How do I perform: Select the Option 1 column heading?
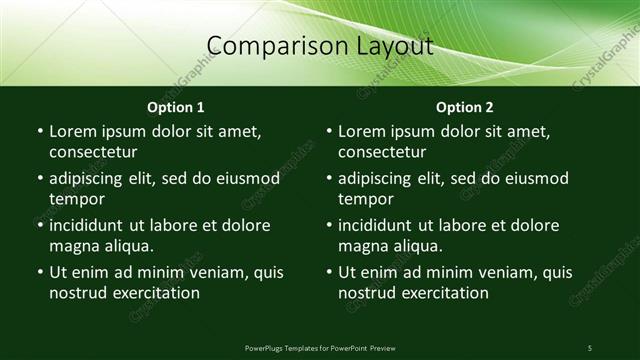(x=176, y=107)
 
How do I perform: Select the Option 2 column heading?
(x=465, y=107)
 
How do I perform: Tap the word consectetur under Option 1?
(x=93, y=153)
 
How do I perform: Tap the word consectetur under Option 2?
(x=383, y=153)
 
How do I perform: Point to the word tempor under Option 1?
(x=77, y=199)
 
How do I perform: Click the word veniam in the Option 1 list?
(x=219, y=272)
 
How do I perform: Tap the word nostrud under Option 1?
(x=78, y=293)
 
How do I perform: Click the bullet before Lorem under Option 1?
(x=39, y=132)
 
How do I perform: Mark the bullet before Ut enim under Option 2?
(x=329, y=272)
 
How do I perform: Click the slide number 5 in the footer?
(x=590, y=347)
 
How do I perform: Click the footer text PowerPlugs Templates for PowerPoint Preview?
(x=320, y=347)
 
